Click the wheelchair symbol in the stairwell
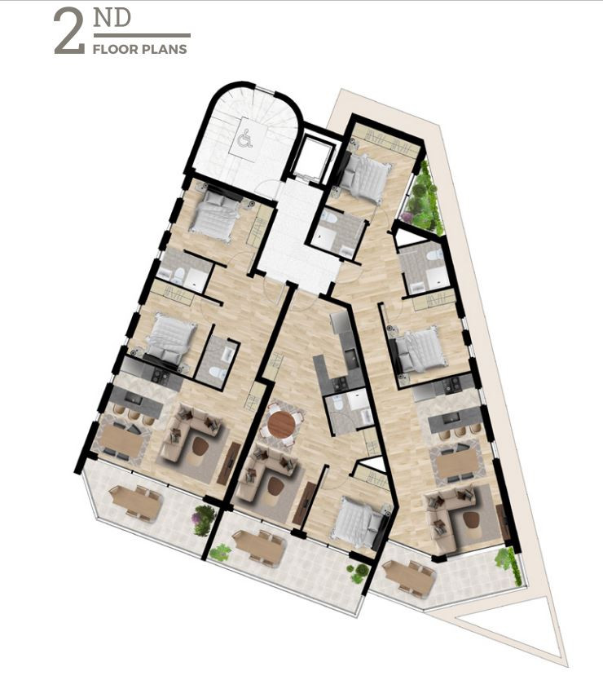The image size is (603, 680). [x=246, y=139]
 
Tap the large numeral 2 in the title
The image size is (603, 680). [x=69, y=33]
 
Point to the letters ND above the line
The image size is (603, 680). [x=112, y=19]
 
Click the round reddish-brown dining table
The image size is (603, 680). [x=281, y=424]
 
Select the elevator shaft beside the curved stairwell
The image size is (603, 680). [x=313, y=157]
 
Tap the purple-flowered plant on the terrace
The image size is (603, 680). [x=204, y=519]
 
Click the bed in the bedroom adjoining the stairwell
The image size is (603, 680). [x=216, y=214]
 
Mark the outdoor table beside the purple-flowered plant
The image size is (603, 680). [x=136, y=501]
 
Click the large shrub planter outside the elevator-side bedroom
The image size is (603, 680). [x=422, y=196]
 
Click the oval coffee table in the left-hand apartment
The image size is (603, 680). [x=200, y=446]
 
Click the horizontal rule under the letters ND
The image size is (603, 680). [x=142, y=36]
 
